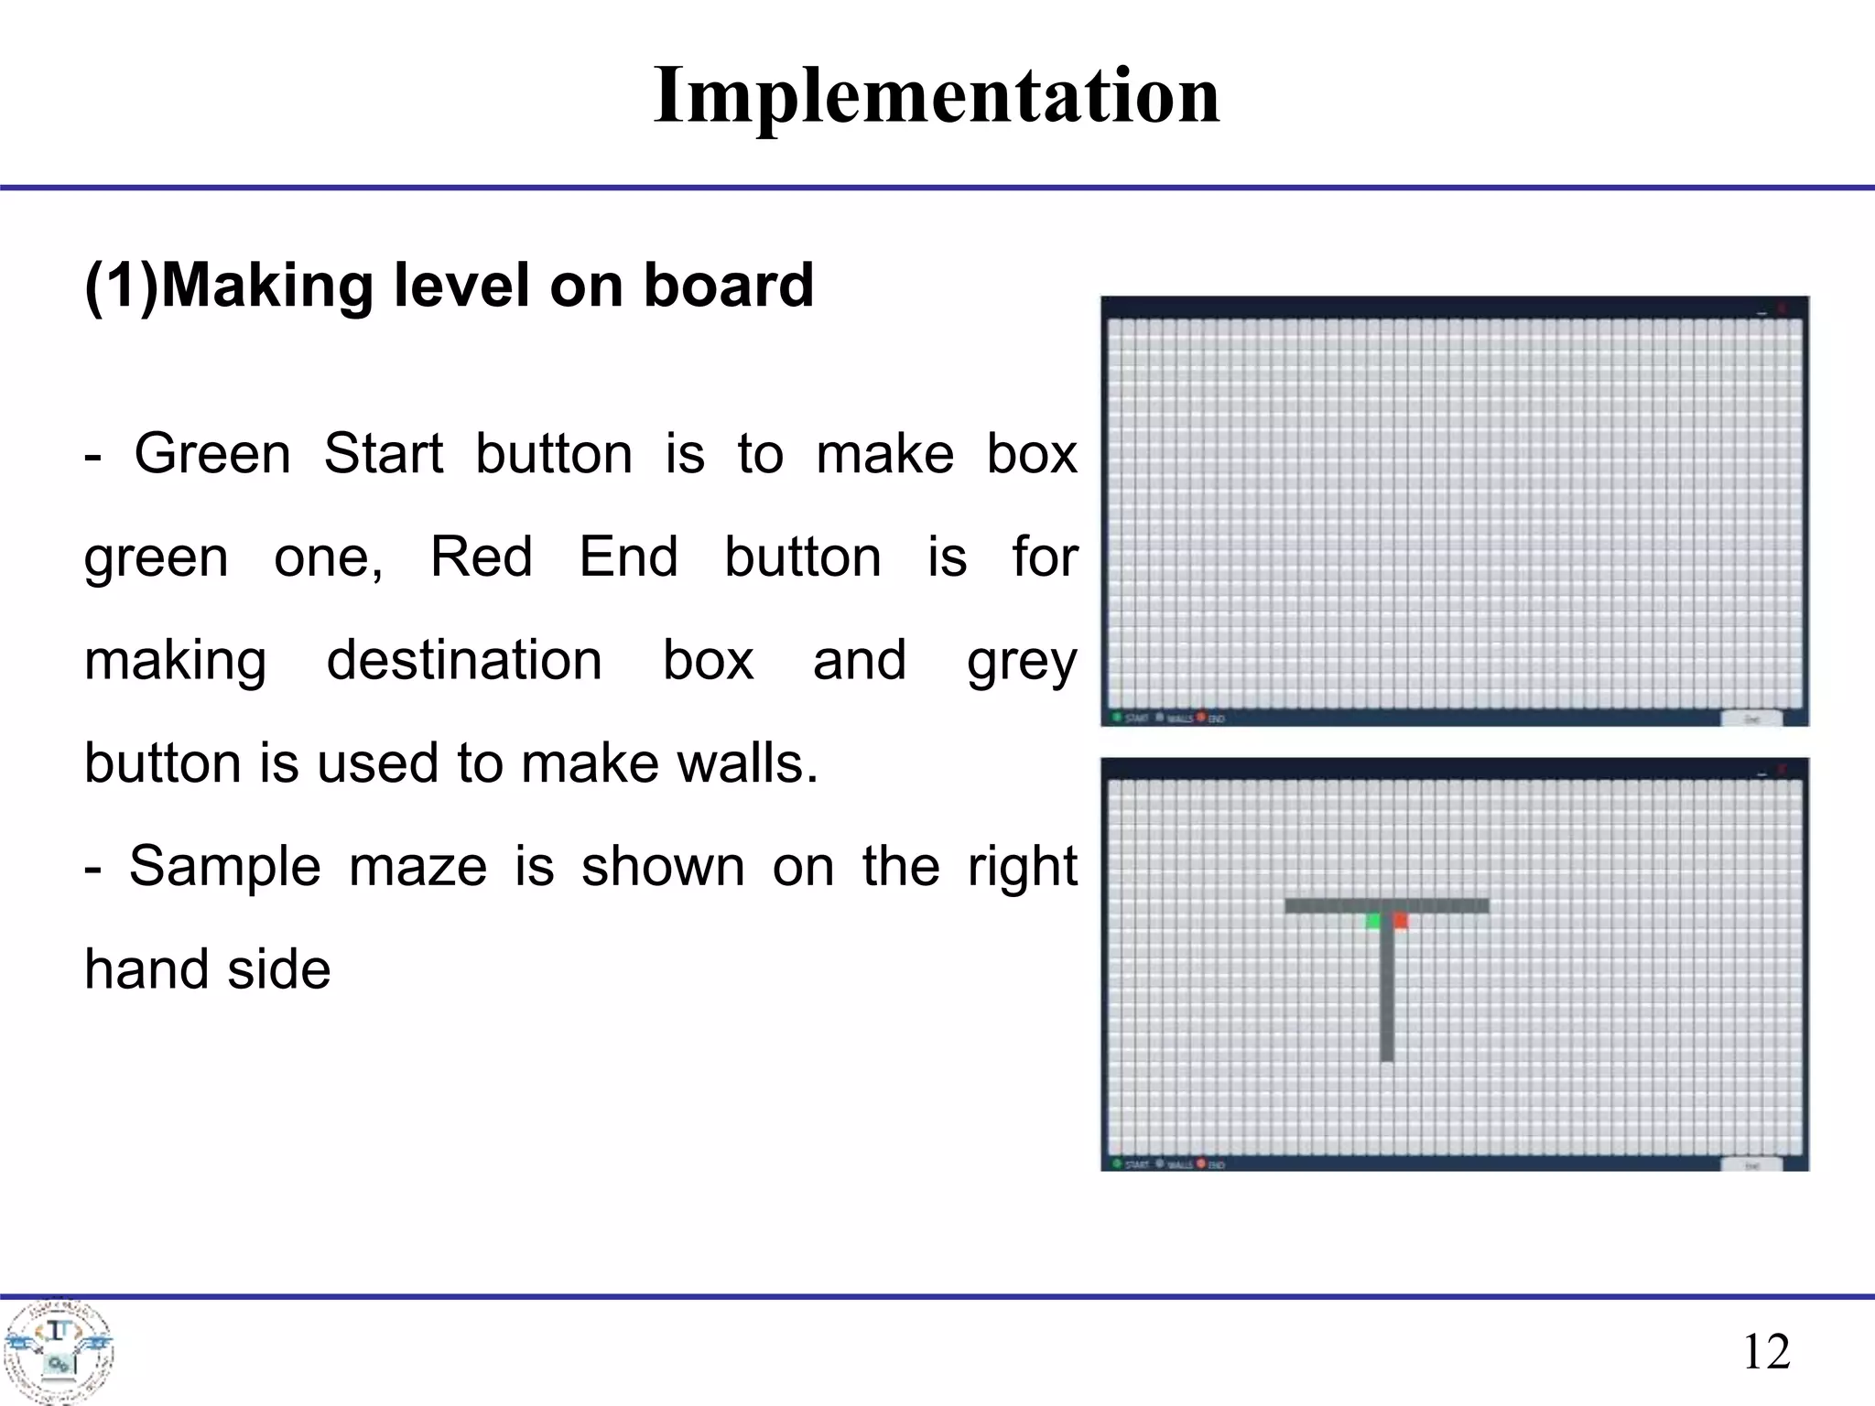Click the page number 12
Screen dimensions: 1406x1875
1766,1351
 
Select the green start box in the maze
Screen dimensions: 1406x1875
1373,921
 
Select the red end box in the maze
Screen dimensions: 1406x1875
1400,921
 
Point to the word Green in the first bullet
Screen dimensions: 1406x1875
212,454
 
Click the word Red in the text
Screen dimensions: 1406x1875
482,557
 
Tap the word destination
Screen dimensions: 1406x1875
464,660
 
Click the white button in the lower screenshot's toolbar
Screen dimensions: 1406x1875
1751,1165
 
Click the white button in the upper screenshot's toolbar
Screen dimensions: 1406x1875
1751,719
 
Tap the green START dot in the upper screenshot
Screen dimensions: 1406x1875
1116,717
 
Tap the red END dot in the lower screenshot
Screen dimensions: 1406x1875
1201,1163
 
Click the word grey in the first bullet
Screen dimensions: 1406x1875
1022,660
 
